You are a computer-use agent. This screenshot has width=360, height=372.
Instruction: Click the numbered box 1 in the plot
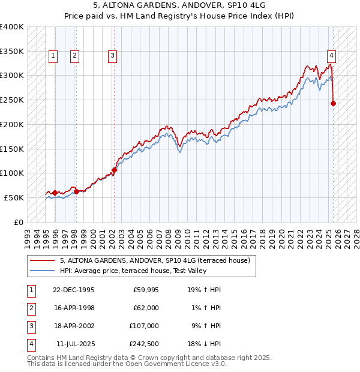click(53, 56)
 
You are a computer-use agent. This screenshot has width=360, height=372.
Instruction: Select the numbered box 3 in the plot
click(112, 56)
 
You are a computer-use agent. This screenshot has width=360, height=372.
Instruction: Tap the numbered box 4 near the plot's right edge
click(331, 56)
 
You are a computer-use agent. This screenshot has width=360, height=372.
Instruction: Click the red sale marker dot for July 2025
click(334, 103)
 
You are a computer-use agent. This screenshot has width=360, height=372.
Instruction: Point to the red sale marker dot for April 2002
click(114, 169)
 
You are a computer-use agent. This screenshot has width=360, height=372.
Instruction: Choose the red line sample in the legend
click(43, 260)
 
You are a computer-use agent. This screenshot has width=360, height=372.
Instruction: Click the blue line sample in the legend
click(43, 271)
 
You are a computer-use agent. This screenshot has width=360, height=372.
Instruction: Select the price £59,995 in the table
click(145, 289)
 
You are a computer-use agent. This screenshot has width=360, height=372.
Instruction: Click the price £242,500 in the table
click(144, 344)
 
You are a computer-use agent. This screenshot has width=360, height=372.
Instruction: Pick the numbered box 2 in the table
click(31, 308)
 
